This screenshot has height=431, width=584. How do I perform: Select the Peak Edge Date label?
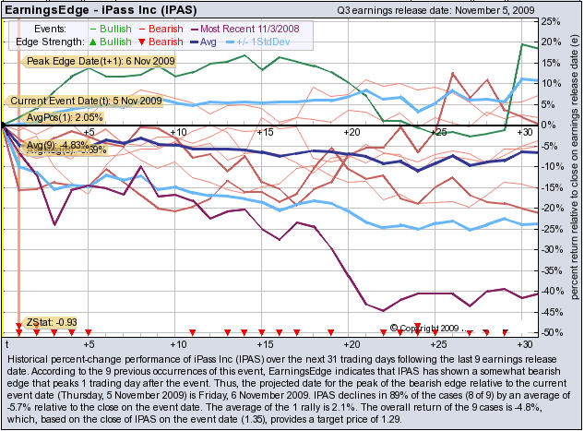point(89,61)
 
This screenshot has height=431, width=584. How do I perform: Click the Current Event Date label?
point(85,101)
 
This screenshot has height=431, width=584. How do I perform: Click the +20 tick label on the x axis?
point(350,342)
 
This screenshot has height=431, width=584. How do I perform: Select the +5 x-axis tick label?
point(88,342)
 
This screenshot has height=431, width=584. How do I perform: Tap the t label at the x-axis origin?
point(6,343)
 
